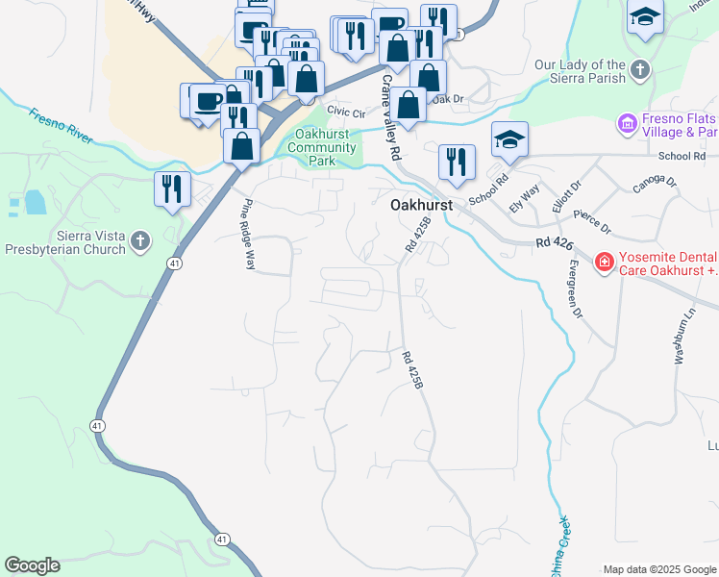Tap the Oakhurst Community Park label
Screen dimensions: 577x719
pos(322,148)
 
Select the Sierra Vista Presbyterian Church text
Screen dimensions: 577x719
pos(63,241)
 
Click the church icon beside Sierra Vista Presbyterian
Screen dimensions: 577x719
pos(141,241)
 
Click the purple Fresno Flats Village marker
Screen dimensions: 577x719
pos(628,124)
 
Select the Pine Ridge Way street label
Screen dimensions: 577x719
pos(247,234)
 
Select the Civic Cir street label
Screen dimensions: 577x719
pos(346,113)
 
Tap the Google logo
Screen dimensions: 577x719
pos(32,565)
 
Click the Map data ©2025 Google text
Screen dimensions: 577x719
pos(659,569)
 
